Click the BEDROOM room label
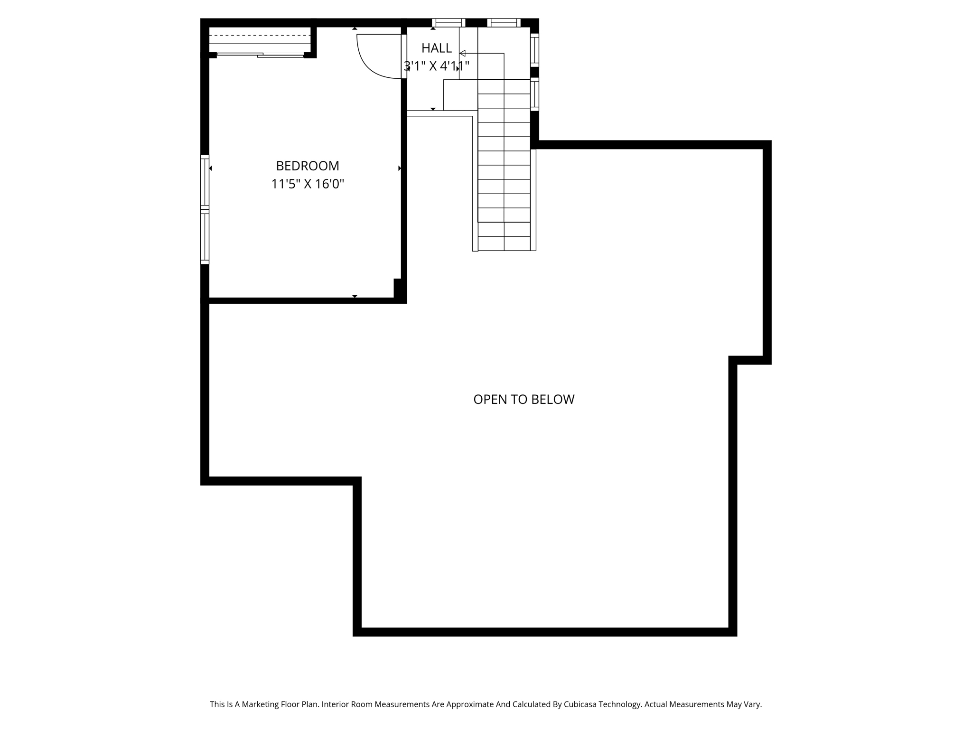coord(308,166)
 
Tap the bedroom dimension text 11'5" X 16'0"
coord(308,184)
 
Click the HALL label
coord(437,48)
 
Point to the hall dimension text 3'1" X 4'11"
coord(437,66)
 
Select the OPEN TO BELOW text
coord(523,399)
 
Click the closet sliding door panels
coord(260,55)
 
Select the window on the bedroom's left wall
coord(205,209)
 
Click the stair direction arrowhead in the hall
coord(462,53)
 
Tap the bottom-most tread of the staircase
coord(504,243)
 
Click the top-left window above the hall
coord(449,22)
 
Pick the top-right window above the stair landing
coord(504,22)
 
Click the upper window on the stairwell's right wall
coord(534,50)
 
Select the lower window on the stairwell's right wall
coord(534,94)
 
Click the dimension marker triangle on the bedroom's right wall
coord(400,168)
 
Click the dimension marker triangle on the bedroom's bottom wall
coord(355,296)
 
